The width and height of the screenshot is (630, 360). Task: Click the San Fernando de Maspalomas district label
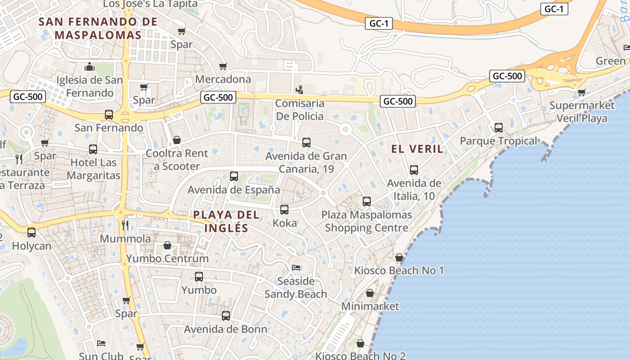(x=98, y=28)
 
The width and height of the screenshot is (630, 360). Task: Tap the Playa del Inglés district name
(x=226, y=221)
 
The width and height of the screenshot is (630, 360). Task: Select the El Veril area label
(x=417, y=149)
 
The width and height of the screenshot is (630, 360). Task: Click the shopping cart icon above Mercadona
(x=223, y=67)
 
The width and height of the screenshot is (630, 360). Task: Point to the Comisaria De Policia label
(x=299, y=110)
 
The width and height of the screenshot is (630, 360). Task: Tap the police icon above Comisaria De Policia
(x=299, y=90)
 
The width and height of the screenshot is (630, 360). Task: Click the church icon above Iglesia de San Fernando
(x=89, y=67)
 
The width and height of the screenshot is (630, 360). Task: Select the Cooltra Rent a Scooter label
(x=177, y=160)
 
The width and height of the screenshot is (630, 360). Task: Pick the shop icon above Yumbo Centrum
(x=167, y=245)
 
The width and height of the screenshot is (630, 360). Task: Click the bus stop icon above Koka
(x=284, y=210)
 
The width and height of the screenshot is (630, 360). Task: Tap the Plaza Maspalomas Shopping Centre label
(x=366, y=221)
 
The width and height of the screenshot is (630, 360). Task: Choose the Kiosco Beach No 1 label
(x=399, y=270)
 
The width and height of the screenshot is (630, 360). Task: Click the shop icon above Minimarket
(x=370, y=293)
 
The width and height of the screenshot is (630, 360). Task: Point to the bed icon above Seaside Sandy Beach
(x=296, y=268)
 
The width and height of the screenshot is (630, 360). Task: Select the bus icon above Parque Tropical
(x=499, y=128)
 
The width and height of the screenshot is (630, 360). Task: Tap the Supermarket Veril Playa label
(x=582, y=112)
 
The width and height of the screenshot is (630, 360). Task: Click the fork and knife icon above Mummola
(x=125, y=225)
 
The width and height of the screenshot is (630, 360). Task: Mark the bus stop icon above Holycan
(x=31, y=233)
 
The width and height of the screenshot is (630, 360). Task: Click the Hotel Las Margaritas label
(x=94, y=169)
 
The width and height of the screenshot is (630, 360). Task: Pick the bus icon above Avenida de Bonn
(x=226, y=316)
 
